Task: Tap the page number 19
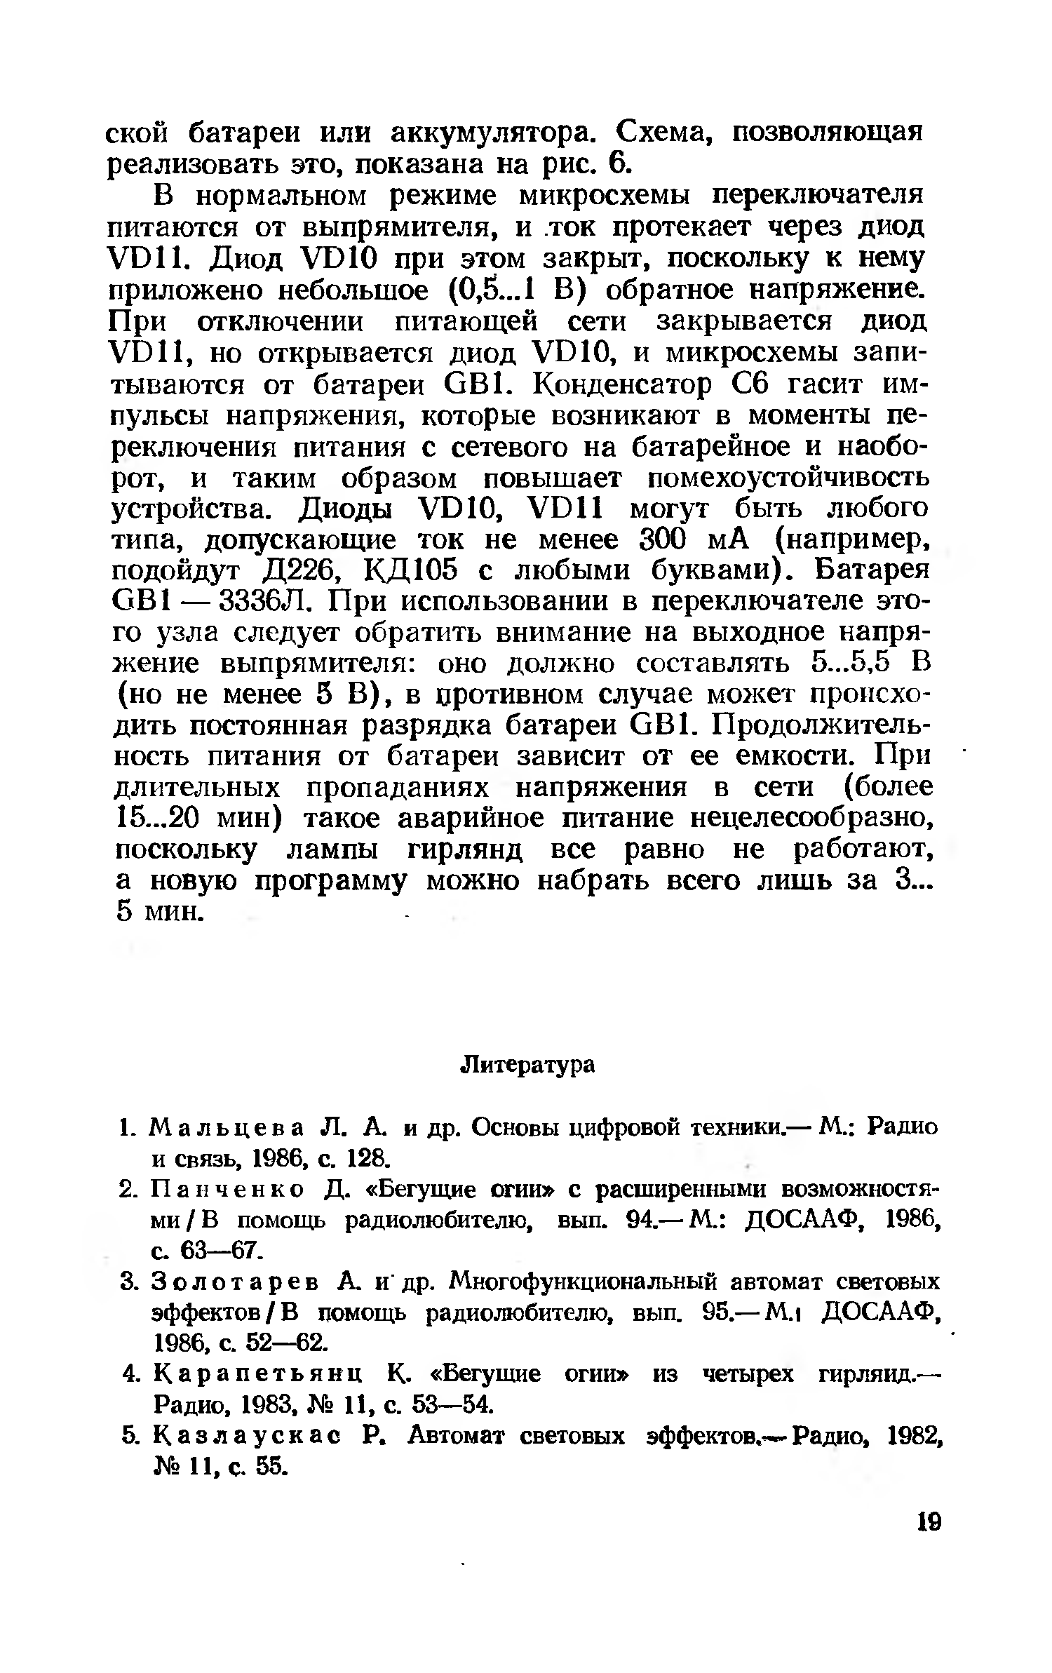929,1543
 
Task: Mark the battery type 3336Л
267,602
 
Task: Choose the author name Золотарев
231,1282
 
